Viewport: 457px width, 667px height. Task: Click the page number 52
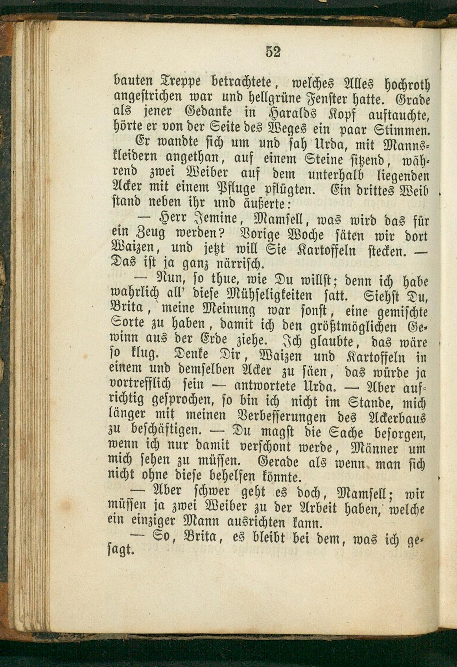[x=273, y=51]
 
